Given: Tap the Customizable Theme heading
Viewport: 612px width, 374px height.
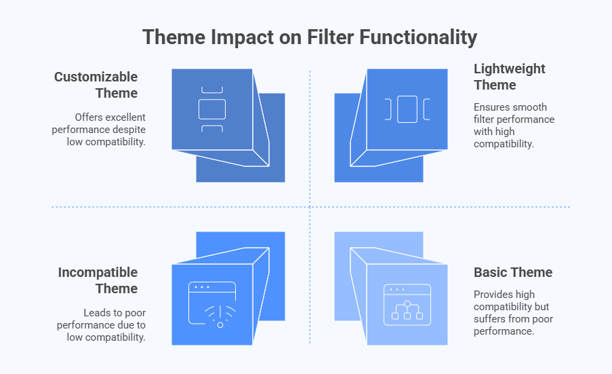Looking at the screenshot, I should pos(96,85).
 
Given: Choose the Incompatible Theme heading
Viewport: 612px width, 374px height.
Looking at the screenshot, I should pos(98,280).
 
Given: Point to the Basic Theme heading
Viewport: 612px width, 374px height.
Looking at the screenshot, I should pos(513,272).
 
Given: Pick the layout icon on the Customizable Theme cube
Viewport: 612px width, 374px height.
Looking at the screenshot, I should pos(212,109).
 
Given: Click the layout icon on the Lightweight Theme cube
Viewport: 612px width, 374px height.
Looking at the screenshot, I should pos(407,109).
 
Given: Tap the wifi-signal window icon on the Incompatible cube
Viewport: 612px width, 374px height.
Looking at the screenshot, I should pos(212,305).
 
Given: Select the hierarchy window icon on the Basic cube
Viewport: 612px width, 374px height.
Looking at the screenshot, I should pos(407,304).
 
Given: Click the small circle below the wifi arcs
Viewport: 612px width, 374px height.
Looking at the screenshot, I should pos(220,324).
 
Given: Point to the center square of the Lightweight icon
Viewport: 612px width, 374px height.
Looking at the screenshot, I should pos(407,109).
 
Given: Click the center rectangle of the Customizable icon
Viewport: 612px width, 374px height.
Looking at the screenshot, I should pos(212,109).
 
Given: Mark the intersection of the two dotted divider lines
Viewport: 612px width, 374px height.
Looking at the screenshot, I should pos(310,207).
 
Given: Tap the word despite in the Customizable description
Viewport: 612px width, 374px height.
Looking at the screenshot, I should pos(128,129).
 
